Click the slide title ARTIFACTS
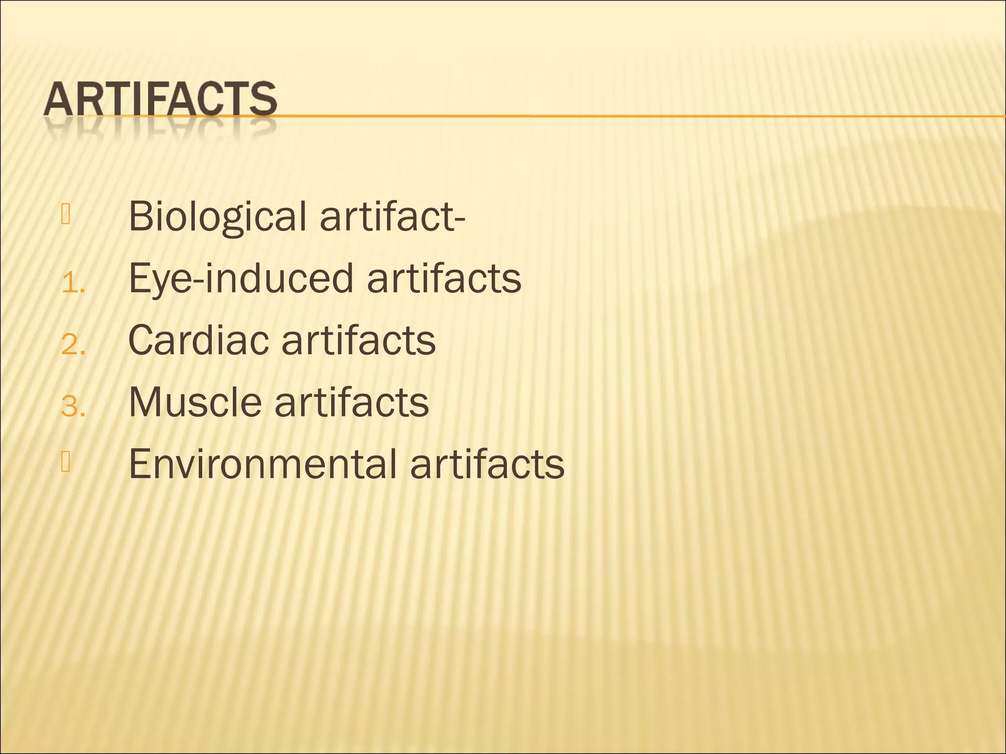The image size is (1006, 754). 160,100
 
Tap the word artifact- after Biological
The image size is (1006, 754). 392,216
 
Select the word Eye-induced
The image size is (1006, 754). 241,279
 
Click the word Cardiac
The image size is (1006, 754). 198,340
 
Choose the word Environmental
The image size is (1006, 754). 262,464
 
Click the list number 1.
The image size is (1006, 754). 73,284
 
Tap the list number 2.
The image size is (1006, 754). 73,346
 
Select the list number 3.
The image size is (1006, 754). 73,407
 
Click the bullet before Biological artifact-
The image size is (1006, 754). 66,215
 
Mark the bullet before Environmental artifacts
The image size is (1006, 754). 66,462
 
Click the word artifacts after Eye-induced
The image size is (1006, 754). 444,279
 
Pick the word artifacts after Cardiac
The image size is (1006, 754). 359,340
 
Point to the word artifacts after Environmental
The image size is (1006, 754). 487,464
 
